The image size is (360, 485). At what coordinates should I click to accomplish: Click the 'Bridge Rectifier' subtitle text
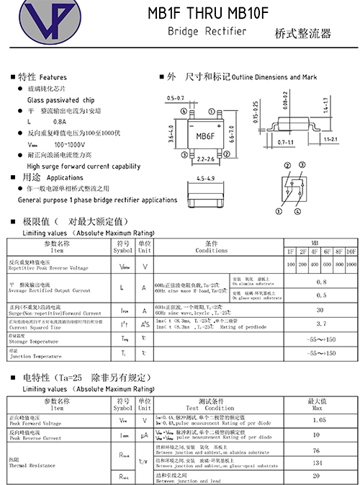[x=207, y=32]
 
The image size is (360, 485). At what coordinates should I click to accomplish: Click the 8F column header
[x=339, y=251]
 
